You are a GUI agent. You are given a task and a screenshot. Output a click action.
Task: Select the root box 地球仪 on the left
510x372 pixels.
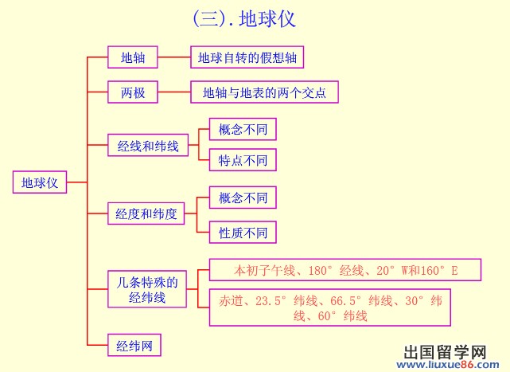40,182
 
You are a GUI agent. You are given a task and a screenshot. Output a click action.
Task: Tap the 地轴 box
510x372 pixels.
133,57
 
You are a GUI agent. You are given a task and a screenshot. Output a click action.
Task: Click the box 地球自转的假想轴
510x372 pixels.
247,57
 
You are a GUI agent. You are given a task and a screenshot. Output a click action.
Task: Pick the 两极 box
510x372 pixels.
133,92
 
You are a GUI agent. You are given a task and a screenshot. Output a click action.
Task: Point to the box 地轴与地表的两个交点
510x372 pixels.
264,92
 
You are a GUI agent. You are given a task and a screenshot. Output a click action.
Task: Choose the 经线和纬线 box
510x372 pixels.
148,146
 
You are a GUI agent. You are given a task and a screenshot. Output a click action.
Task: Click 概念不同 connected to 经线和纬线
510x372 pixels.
243,128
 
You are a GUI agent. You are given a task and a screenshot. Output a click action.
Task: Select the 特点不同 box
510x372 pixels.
243,160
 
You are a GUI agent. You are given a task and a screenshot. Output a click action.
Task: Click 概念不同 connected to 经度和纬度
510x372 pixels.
243,197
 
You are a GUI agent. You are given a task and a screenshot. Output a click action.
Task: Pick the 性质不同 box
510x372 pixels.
243,233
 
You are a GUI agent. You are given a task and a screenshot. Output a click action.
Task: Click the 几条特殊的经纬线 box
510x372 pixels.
147,289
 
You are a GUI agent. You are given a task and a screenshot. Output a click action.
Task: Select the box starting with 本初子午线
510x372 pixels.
345,271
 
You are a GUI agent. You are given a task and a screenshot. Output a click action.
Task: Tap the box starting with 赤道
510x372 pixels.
330,307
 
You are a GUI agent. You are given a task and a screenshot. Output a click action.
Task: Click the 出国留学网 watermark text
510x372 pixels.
446,353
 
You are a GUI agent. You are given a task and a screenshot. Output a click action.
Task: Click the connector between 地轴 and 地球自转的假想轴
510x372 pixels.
173,57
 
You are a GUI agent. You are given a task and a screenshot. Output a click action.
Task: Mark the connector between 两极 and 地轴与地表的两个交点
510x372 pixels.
174,92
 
